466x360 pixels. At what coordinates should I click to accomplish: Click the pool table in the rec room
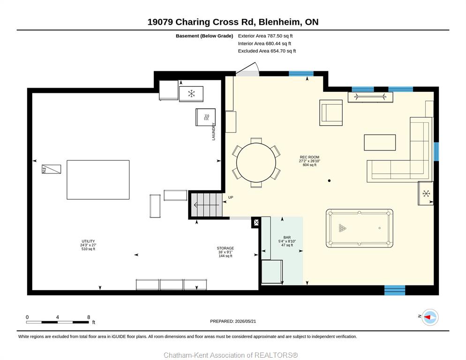pos(359,228)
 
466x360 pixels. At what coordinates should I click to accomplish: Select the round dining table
pos(256,163)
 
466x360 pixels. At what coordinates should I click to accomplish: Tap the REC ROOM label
pos(309,157)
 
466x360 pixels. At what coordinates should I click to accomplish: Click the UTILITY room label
pos(88,241)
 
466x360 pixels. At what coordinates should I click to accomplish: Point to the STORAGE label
pos(225,248)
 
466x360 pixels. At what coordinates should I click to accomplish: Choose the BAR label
pos(287,237)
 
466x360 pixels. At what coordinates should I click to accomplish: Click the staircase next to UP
pos(207,205)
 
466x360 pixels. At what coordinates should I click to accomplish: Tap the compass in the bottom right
pos(430,317)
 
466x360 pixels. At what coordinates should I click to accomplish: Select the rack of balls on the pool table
pos(342,228)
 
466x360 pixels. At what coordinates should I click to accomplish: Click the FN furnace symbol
pos(51,169)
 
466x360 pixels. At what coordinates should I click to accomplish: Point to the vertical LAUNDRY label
pos(213,131)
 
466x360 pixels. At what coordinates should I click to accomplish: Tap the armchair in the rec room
pos(331,112)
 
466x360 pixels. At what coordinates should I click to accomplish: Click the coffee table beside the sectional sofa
pos(380,142)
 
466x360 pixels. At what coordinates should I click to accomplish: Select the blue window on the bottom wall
pos(395,290)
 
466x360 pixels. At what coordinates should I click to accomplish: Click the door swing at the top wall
pos(248,69)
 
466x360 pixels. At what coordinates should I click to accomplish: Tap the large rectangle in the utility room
pos(98,180)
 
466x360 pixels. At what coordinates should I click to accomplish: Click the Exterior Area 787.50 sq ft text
pos(265,36)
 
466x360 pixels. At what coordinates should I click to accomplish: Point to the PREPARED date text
pos(233,321)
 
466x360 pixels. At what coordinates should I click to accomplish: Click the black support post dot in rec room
pos(329,180)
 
